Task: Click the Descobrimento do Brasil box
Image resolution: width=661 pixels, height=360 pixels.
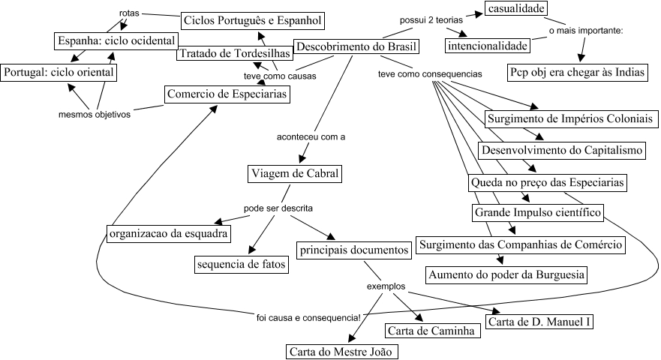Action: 356,47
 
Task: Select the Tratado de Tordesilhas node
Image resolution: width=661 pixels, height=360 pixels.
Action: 234,54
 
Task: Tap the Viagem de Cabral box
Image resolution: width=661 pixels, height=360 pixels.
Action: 294,175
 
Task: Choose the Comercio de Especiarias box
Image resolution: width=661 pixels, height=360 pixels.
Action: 227,95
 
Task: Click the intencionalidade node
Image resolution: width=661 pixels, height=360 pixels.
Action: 486,46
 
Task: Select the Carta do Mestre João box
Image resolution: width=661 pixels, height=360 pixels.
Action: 342,351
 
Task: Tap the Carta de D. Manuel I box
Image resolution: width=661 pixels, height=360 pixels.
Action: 539,322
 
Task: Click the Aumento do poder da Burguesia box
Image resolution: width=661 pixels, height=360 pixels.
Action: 506,274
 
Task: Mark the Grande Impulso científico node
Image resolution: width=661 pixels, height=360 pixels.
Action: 537,213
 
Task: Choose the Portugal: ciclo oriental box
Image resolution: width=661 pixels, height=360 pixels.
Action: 59,72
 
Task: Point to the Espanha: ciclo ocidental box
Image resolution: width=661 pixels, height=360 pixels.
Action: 116,40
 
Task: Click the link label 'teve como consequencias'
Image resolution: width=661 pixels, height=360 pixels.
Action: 430,74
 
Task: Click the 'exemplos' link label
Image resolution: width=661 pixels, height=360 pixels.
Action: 386,286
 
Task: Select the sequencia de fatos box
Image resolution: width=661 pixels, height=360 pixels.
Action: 241,265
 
